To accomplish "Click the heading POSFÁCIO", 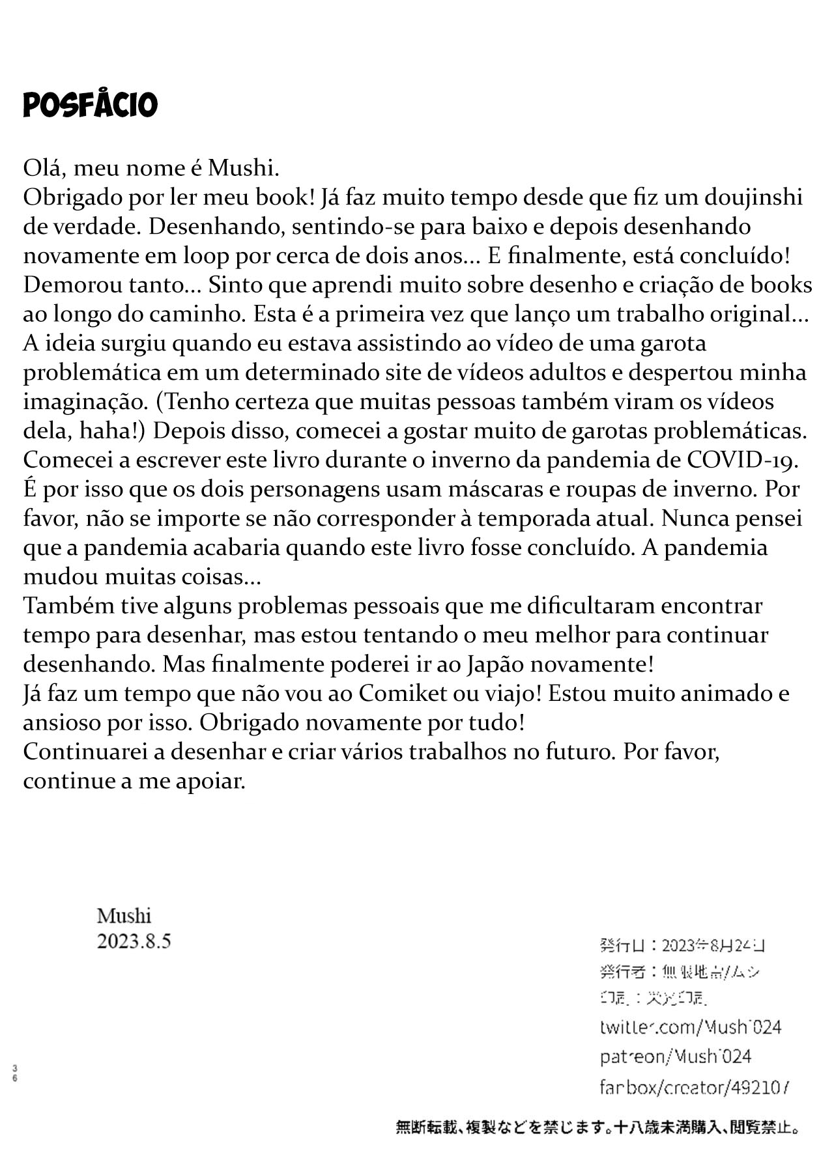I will [x=90, y=105].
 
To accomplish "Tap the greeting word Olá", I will [x=44, y=167].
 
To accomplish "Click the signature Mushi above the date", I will [x=124, y=916].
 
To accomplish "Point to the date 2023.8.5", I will [x=134, y=941].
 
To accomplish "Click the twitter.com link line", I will [x=690, y=1027].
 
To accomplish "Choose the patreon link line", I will [x=675, y=1057].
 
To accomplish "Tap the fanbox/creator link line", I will [x=695, y=1087].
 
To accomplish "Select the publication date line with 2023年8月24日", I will [x=682, y=946].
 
